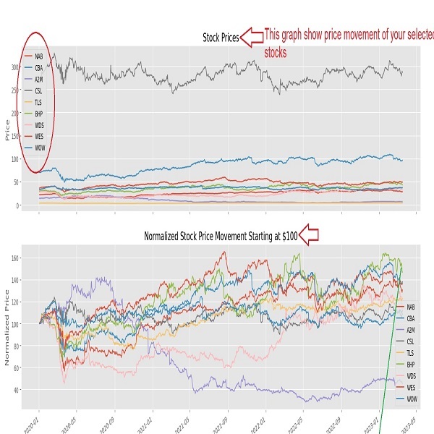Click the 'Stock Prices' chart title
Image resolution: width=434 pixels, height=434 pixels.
tap(220, 37)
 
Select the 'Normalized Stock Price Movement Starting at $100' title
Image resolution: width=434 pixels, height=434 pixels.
tap(221, 236)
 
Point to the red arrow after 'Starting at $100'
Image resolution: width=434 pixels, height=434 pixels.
tap(309, 235)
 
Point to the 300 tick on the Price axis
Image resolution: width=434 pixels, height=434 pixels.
tap(17, 67)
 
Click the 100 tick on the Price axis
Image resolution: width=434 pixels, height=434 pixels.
tap(17, 159)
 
